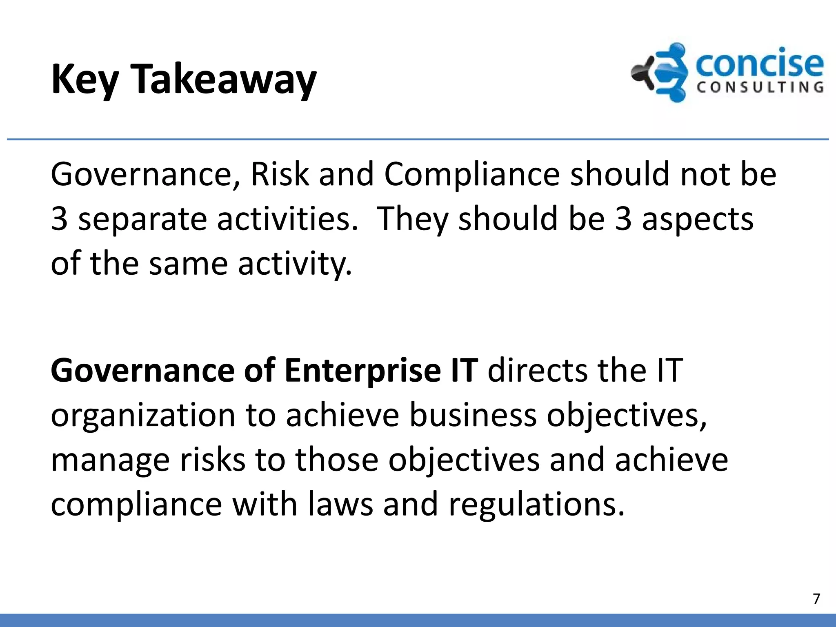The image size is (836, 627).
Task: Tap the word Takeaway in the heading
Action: [x=224, y=80]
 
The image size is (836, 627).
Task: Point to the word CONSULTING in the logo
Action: [x=760, y=87]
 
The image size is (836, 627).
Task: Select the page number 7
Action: [x=816, y=598]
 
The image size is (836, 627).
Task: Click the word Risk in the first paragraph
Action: [x=280, y=174]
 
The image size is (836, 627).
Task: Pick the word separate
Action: [x=142, y=219]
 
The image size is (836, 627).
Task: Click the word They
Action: [x=412, y=219]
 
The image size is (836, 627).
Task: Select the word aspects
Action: [x=697, y=219]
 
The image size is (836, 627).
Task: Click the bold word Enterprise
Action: [x=363, y=371]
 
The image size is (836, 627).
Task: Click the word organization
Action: [x=143, y=416]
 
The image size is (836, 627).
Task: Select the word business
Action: [x=473, y=416]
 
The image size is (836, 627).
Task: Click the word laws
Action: [x=340, y=505]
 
